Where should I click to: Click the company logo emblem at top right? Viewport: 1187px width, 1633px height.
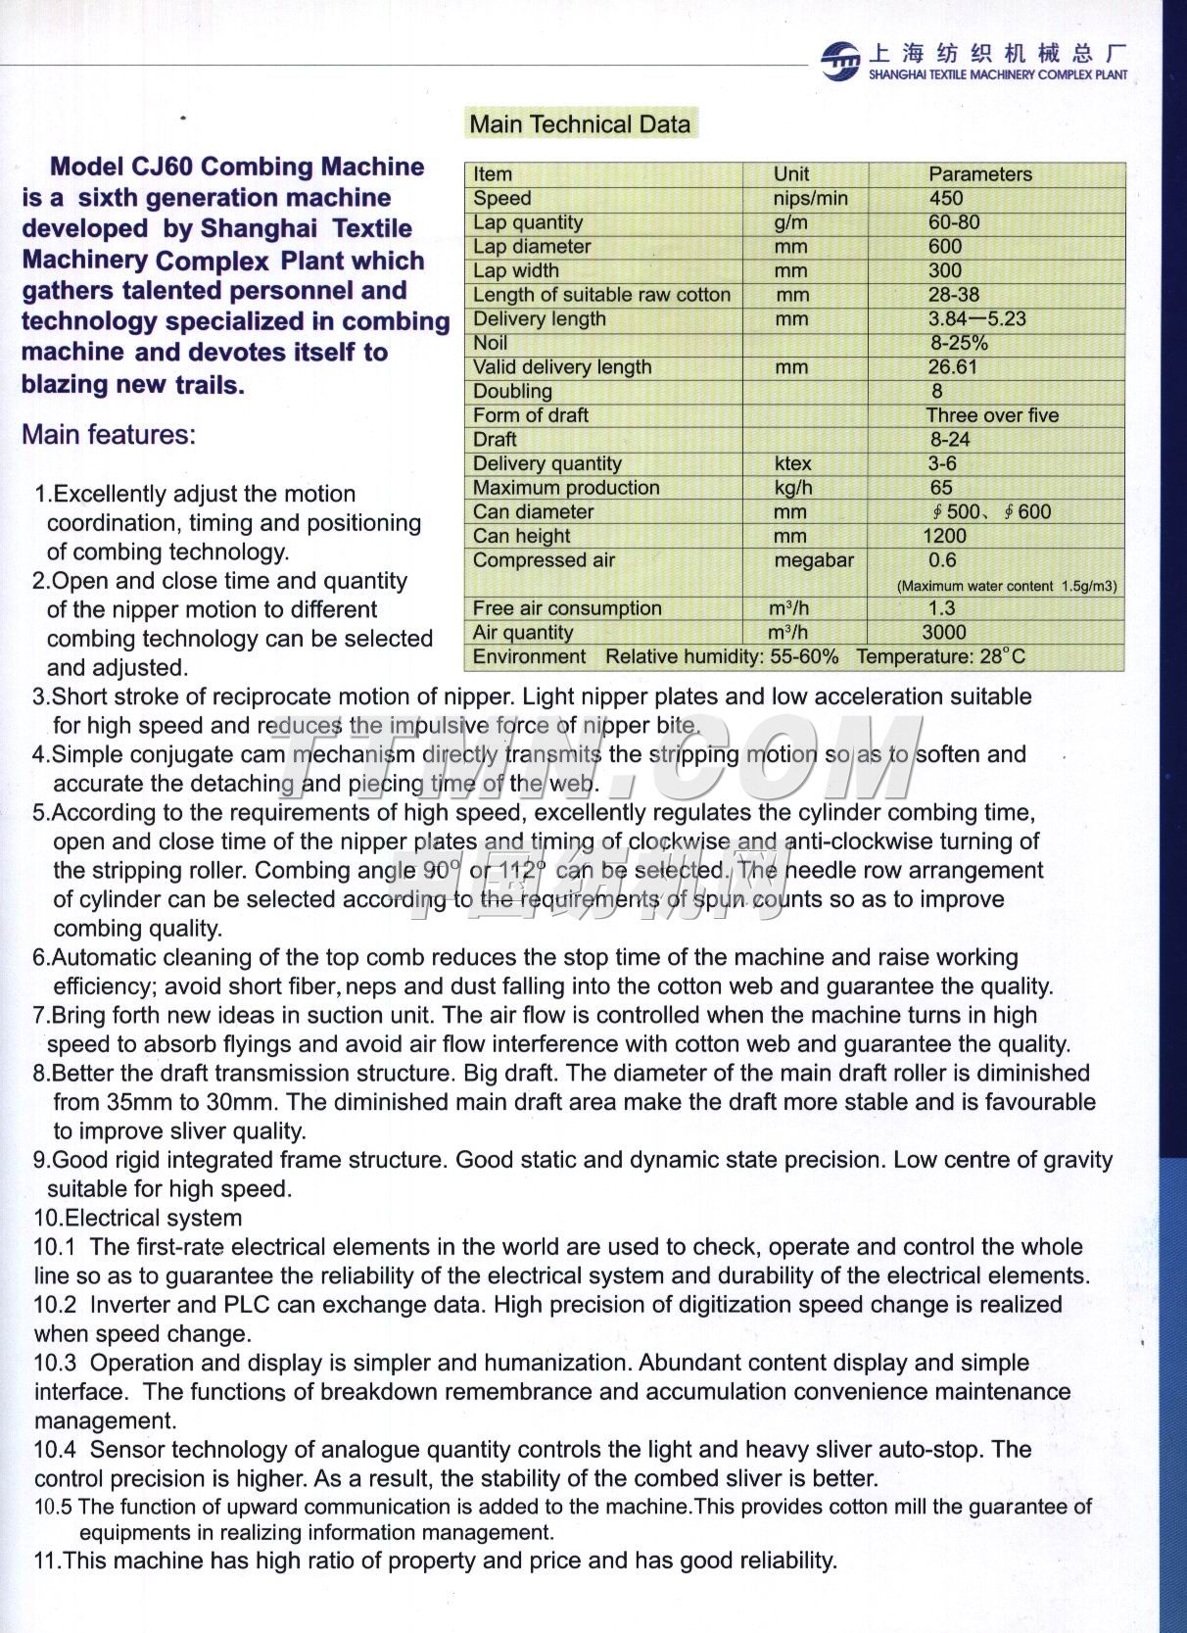pyautogui.click(x=840, y=61)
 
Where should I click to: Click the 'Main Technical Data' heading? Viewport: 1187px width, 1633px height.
pyautogui.click(x=580, y=124)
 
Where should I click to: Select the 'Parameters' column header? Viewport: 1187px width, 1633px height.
pyautogui.click(x=979, y=174)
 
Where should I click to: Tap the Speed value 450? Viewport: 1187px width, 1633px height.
pyautogui.click(x=946, y=198)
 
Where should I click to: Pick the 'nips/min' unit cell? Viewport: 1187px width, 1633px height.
pyautogui.click(x=810, y=198)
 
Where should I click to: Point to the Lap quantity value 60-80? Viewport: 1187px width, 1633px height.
pyautogui.click(x=954, y=222)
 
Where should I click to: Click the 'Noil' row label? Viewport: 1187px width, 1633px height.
pyautogui.click(x=491, y=343)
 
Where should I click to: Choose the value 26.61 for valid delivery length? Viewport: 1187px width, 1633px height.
pyautogui.click(x=953, y=367)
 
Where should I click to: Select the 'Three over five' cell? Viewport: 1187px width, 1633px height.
pyautogui.click(x=992, y=415)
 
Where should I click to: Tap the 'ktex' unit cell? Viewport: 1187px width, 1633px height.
pyautogui.click(x=792, y=463)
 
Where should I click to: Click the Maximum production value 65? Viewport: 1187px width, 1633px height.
pyautogui.click(x=941, y=488)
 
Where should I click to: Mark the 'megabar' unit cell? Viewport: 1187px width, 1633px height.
pyautogui.click(x=814, y=560)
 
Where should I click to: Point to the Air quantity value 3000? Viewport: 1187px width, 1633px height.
pyautogui.click(x=943, y=633)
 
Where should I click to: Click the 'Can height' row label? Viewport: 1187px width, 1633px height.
pyautogui.click(x=521, y=536)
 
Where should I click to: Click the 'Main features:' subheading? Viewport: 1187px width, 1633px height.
pyautogui.click(x=109, y=435)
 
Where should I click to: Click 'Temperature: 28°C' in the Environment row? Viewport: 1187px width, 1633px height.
pyautogui.click(x=940, y=656)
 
